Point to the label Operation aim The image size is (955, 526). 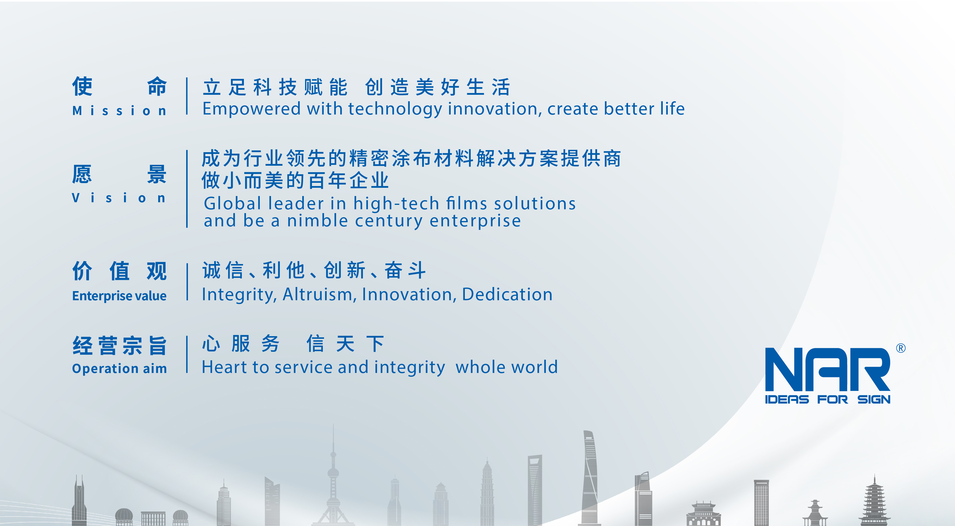point(119,369)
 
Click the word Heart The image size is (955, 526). point(224,367)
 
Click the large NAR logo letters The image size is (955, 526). point(827,369)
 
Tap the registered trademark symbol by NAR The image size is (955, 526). point(901,348)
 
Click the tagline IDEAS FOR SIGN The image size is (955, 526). point(827,399)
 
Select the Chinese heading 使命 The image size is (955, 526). point(119,86)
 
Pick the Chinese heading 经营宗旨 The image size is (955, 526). point(119,346)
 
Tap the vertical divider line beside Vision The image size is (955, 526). point(187,189)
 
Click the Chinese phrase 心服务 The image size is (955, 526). point(241,344)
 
